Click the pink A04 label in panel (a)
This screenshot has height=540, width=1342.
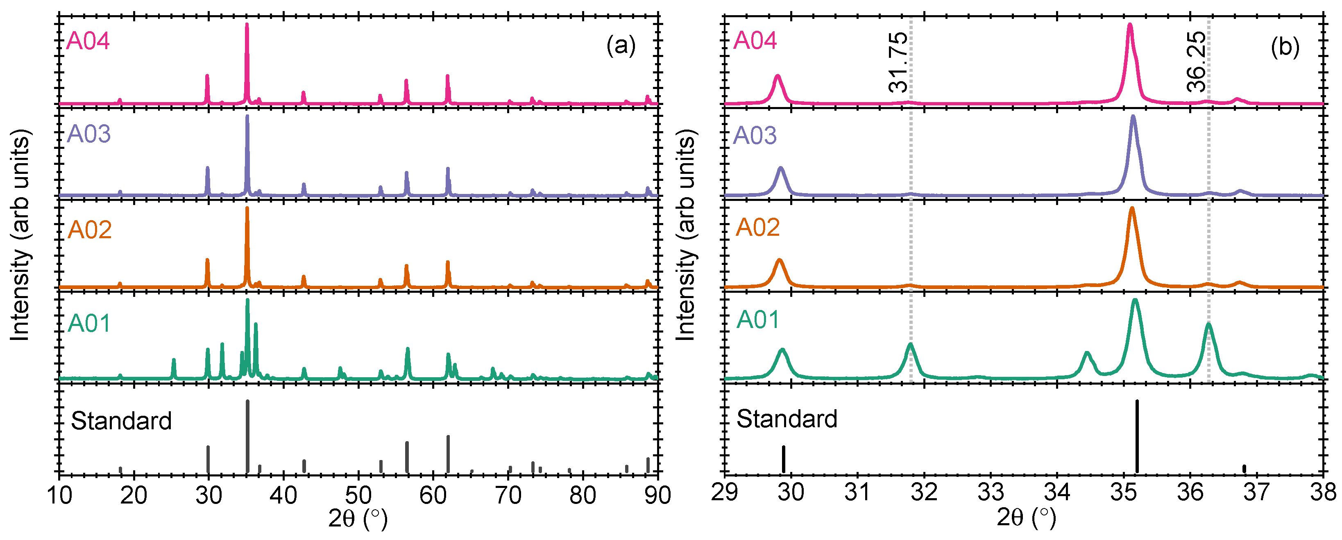pyautogui.click(x=88, y=41)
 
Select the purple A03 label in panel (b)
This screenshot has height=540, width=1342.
pyautogui.click(x=755, y=136)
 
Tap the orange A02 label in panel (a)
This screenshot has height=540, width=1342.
pyautogui.click(x=90, y=230)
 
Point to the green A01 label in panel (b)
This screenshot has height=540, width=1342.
pyautogui.click(x=757, y=319)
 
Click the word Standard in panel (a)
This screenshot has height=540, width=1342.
pyautogui.click(x=121, y=421)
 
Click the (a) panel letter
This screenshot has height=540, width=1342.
pyautogui.click(x=621, y=46)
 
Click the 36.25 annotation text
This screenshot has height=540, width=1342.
pyautogui.click(x=1196, y=62)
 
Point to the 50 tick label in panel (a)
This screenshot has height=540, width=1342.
pyautogui.click(x=358, y=495)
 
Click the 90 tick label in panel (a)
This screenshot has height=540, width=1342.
pyautogui.click(x=657, y=495)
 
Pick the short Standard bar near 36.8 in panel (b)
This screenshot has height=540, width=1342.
pyautogui.click(x=1244, y=469)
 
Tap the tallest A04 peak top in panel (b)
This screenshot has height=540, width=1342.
pyautogui.click(x=1130, y=25)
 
